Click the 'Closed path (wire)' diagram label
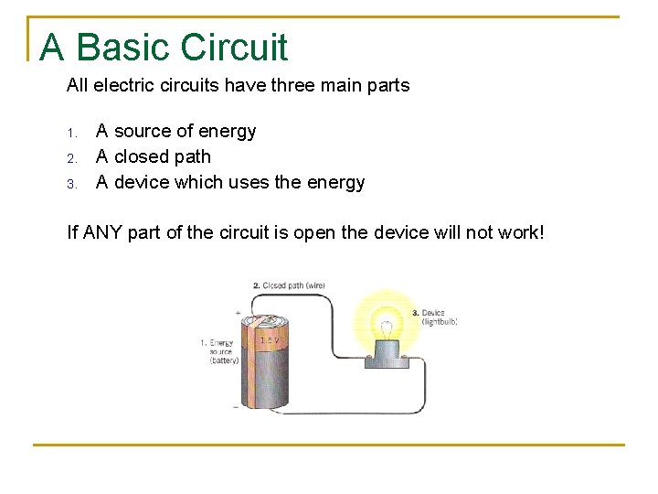point(289,286)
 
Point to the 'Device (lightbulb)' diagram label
point(435,317)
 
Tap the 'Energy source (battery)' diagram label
point(218,351)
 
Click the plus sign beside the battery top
point(238,313)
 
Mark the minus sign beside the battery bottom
point(236,407)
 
